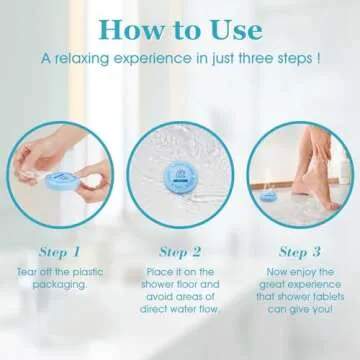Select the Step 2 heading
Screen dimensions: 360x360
tap(180, 251)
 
